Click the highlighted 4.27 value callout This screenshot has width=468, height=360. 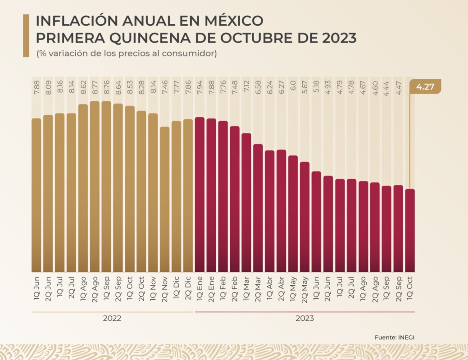[425, 86]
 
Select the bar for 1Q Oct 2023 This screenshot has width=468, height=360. [410, 229]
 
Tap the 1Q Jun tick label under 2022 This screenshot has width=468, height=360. [36, 288]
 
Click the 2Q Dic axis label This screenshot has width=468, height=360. [188, 288]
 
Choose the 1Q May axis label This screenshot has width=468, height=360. [293, 288]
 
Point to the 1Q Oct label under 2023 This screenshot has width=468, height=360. [410, 288]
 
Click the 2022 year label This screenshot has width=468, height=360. [112, 318]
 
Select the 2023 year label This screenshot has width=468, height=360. [304, 318]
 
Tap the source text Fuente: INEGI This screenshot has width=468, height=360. [393, 337]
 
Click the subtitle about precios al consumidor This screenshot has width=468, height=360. [127, 53]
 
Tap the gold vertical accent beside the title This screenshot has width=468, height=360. [26, 36]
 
